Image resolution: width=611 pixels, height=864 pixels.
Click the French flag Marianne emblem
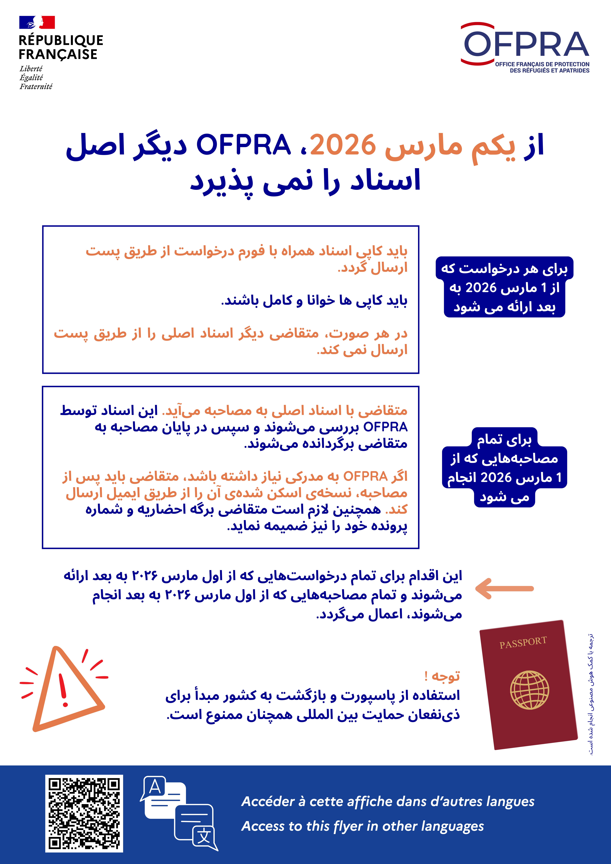point(37,22)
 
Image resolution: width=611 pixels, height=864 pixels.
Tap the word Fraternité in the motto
point(36,87)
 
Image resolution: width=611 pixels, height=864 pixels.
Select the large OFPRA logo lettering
point(526,44)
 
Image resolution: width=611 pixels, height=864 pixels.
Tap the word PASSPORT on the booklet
point(523,643)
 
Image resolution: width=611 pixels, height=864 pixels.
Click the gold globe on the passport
point(529,690)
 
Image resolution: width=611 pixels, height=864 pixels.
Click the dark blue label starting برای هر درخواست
point(504,287)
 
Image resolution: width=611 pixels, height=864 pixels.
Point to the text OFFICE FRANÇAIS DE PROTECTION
point(542,64)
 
